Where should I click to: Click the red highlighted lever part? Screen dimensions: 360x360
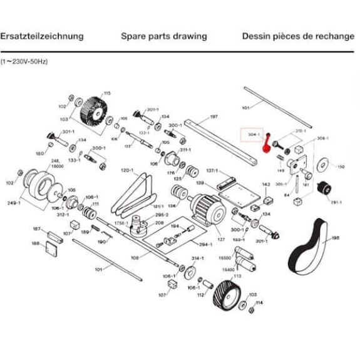pos(267,144)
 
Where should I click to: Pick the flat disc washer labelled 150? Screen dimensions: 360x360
pos(323,165)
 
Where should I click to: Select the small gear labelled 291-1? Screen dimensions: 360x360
pos(324,187)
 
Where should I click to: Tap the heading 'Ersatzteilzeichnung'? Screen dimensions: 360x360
pos(42,36)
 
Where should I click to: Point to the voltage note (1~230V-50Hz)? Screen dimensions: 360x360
pos(24,62)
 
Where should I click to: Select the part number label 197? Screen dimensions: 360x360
pos(213,117)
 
